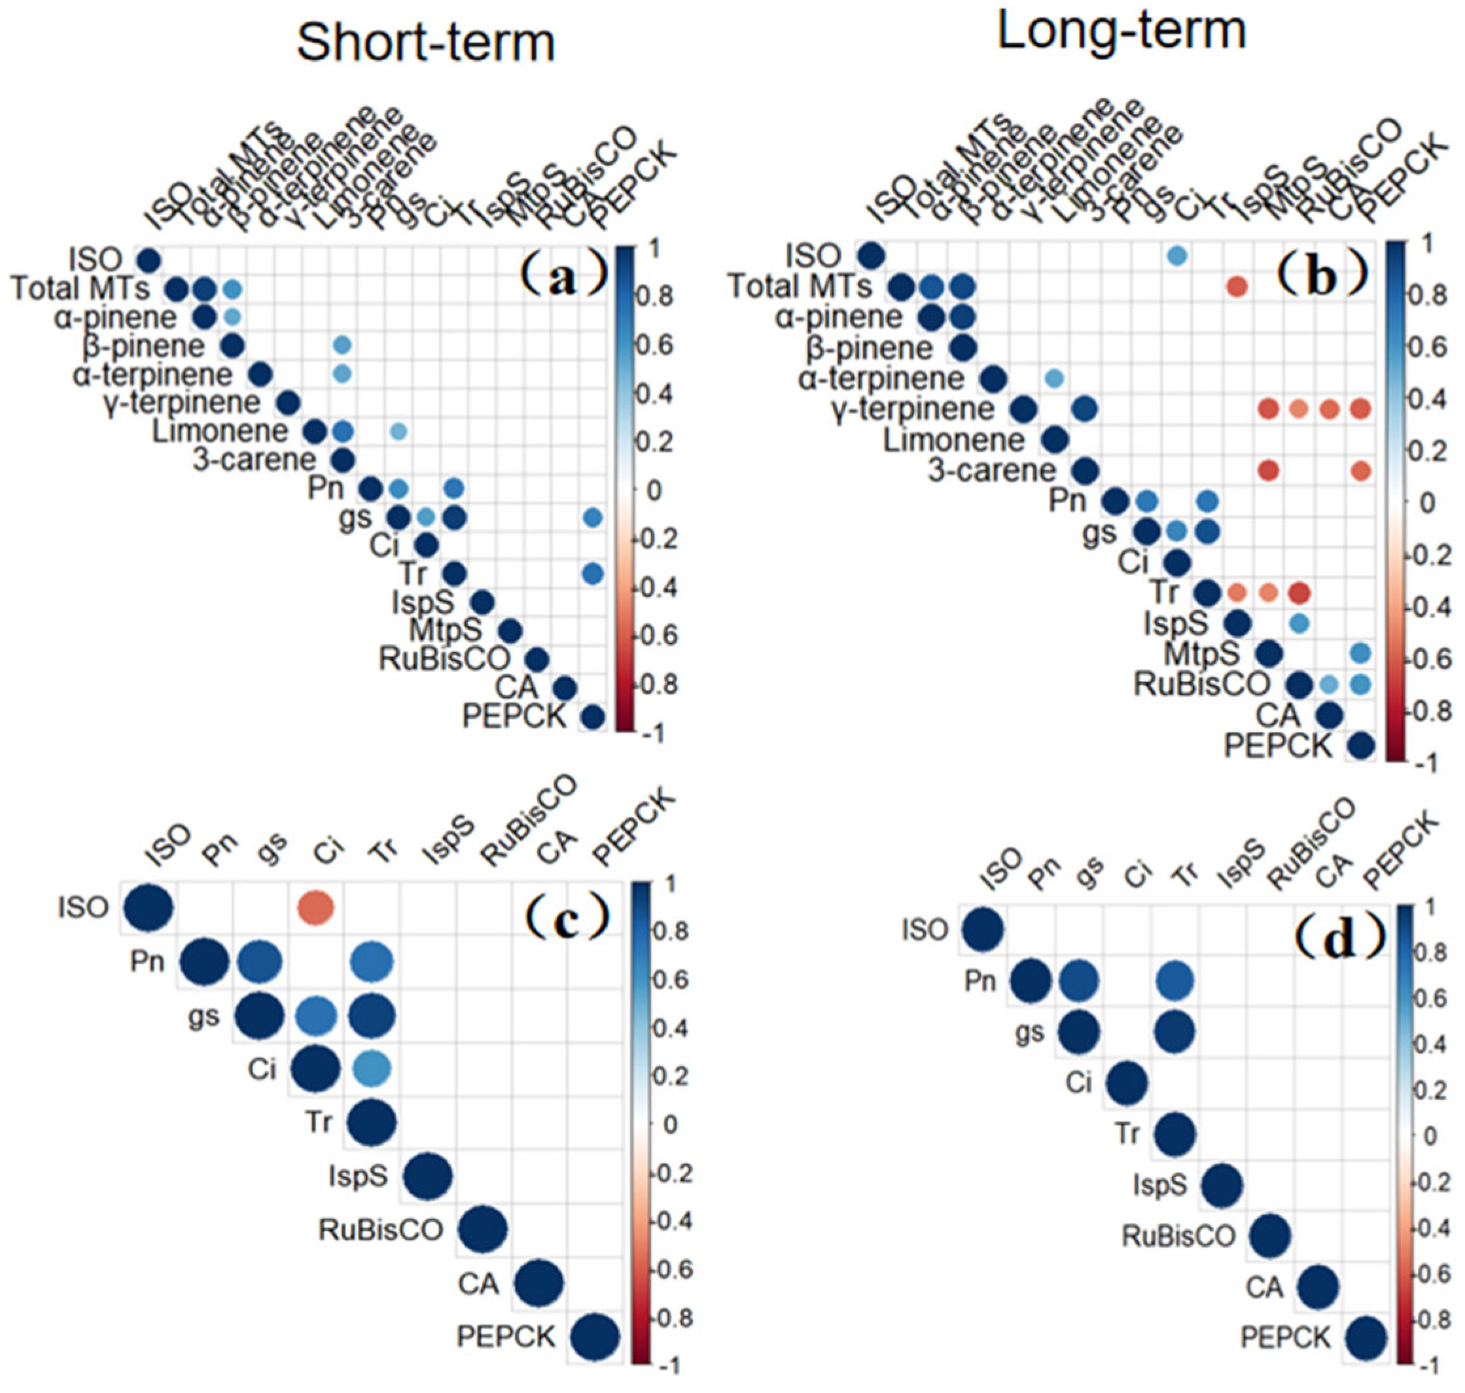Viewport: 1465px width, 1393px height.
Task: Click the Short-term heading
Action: point(426,43)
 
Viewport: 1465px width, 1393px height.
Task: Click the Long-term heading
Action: point(1121,33)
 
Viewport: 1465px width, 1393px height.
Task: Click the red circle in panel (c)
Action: point(316,906)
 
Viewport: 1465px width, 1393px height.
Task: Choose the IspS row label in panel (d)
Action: point(1159,1184)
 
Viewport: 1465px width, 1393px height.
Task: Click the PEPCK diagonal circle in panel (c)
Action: point(595,1337)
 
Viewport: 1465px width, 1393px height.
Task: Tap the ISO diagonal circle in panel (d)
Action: point(983,929)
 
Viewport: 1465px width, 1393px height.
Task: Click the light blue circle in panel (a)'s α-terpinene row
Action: point(342,373)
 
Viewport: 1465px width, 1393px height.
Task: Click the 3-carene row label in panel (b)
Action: point(992,470)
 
